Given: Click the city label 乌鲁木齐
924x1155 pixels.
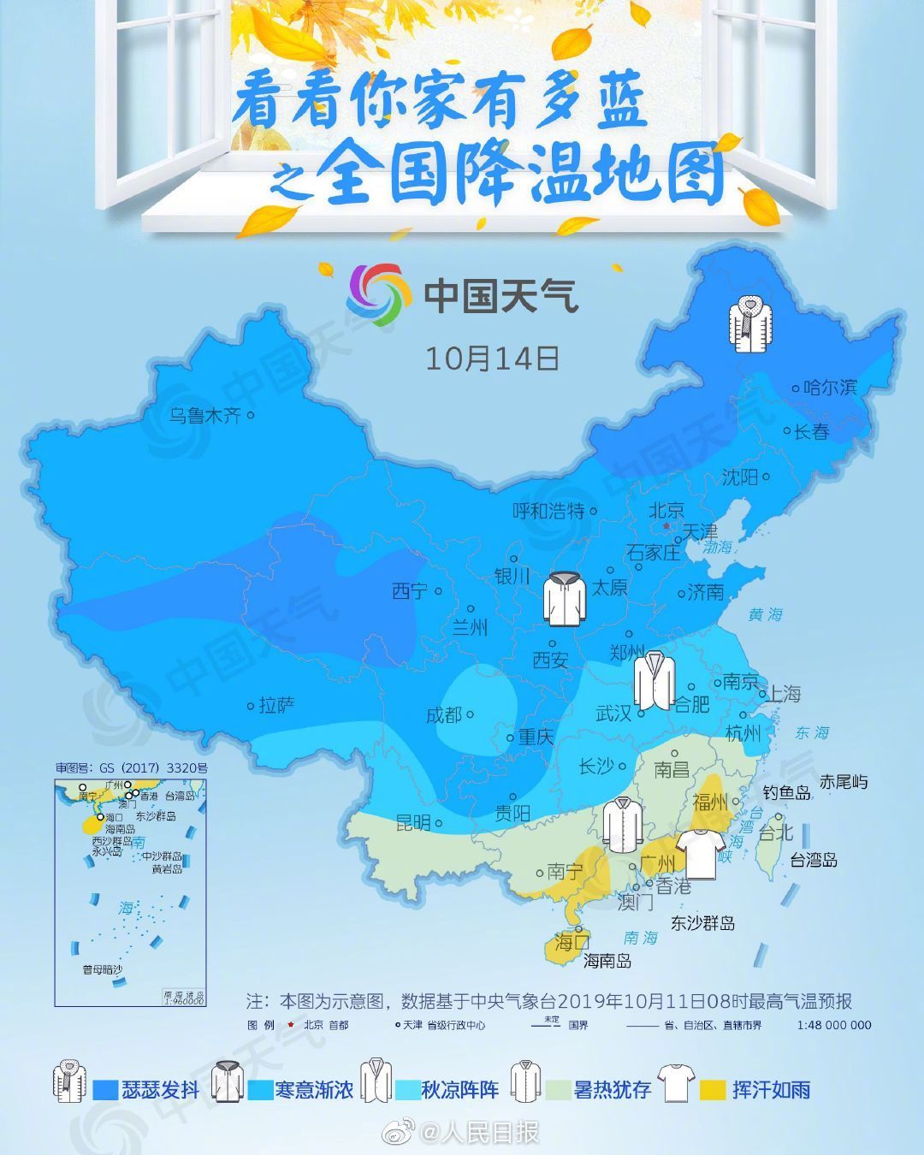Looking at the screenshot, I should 204,416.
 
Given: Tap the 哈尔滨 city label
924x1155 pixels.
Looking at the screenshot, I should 830,388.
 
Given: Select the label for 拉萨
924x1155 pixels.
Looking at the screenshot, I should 277,706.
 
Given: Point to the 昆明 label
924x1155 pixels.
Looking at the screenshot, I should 412,823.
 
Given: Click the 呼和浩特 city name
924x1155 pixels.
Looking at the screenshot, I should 548,511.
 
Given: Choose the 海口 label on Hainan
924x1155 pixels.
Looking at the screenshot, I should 572,943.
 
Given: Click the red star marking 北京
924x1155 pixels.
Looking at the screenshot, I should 666,526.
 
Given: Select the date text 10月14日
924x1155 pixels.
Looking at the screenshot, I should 492,358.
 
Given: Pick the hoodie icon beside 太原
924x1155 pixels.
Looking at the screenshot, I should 566,598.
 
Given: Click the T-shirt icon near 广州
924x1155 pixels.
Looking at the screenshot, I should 696,852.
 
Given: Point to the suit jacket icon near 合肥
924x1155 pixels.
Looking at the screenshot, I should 654,680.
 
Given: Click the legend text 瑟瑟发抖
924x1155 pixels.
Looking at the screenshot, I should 160,1090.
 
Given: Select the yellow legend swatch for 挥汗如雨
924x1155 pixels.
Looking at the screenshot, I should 713,1090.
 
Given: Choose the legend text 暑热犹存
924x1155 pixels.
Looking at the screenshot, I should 613,1090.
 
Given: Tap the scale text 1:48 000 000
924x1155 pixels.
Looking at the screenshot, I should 834,1025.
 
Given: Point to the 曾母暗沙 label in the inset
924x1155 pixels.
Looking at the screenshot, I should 102,969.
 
